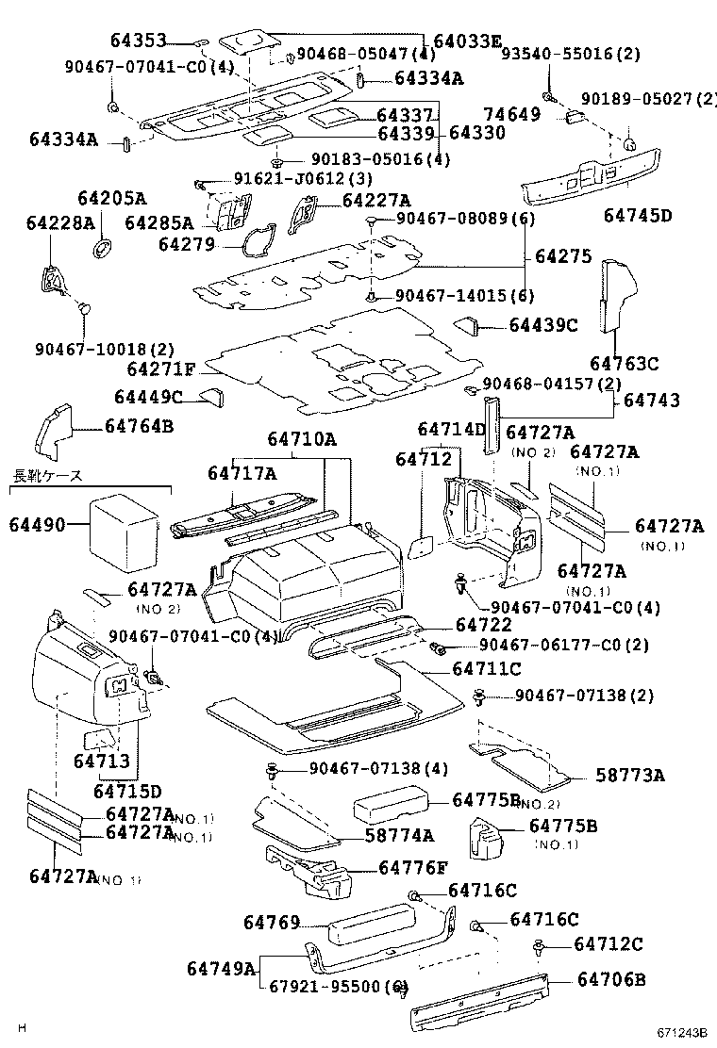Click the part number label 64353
click(138, 41)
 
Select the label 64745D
click(638, 216)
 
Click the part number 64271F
click(161, 368)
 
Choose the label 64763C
click(625, 363)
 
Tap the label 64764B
click(139, 426)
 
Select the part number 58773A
click(630, 776)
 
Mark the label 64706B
click(611, 980)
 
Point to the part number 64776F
click(414, 867)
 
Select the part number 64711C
click(487, 669)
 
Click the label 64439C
click(543, 325)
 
